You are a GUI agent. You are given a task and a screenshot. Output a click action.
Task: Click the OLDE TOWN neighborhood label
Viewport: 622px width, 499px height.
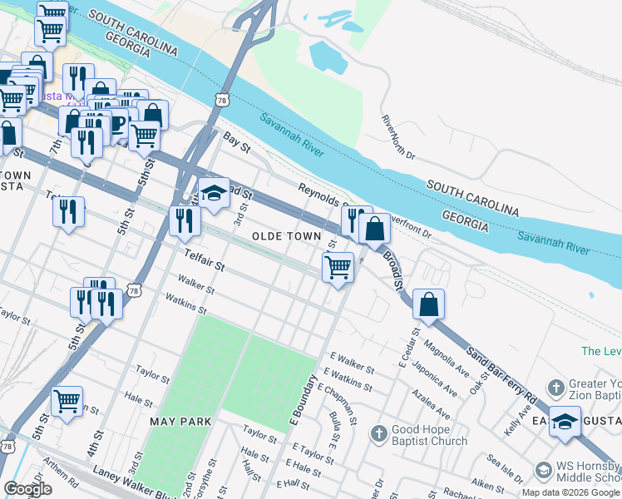pos(286,237)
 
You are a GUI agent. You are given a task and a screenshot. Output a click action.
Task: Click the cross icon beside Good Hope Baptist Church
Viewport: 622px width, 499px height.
pos(378,433)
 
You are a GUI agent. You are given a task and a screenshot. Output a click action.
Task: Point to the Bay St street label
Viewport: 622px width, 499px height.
pos(235,146)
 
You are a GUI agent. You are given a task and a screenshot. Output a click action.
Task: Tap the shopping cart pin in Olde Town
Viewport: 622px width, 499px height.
pos(338,268)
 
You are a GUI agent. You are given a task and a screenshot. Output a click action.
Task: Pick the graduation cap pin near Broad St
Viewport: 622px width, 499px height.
pos(214,193)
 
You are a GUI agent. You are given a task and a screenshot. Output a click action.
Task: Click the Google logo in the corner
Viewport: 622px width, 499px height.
pos(27,489)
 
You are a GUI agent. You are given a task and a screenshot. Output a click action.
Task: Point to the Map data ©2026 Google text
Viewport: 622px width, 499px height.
pos(570,492)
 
